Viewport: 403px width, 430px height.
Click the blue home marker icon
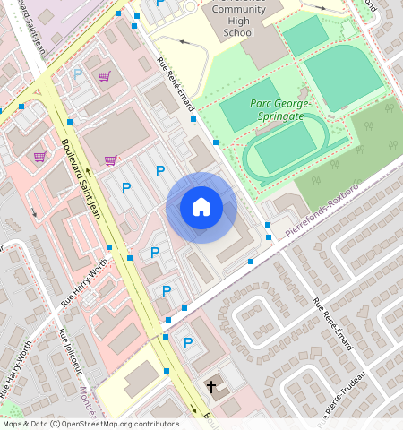tap(201, 208)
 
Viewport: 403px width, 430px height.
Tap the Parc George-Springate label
tap(280, 109)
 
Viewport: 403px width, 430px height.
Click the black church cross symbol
tap(212, 387)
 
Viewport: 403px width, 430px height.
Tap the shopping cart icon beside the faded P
tap(105, 76)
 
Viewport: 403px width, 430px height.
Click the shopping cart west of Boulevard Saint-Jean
tap(39, 156)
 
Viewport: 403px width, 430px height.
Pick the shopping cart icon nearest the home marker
tap(110, 160)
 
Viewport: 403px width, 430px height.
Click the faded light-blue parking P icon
tap(78, 74)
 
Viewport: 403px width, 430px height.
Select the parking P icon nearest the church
tap(188, 342)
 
